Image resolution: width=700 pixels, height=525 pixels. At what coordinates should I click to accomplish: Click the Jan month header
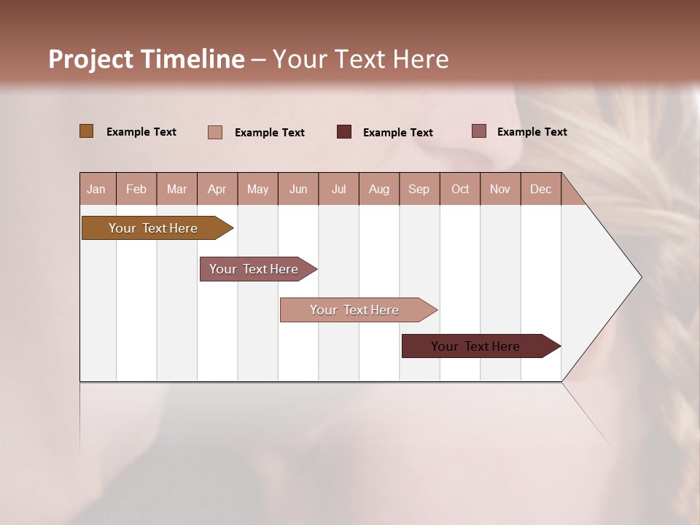click(97, 189)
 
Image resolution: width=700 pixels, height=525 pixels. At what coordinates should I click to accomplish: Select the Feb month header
click(136, 189)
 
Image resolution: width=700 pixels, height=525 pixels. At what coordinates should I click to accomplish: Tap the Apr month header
click(217, 189)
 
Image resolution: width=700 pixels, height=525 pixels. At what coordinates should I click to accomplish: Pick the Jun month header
click(298, 189)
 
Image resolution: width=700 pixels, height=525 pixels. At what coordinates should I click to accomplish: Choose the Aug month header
click(379, 189)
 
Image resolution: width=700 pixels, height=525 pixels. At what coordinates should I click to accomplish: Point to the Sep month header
click(419, 189)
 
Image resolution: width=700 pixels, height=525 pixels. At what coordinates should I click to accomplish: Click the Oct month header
click(460, 189)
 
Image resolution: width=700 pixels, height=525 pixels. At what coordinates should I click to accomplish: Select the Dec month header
click(541, 189)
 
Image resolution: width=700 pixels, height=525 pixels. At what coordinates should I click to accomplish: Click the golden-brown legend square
click(87, 131)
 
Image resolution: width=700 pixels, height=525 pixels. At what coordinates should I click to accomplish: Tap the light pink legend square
click(215, 132)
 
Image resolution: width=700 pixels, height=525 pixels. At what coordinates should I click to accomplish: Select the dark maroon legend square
click(344, 131)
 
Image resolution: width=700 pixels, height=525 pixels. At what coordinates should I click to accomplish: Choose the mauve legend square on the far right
click(479, 131)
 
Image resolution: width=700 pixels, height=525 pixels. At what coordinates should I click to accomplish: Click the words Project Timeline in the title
click(147, 59)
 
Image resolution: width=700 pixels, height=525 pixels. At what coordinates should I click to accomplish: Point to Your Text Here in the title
click(361, 59)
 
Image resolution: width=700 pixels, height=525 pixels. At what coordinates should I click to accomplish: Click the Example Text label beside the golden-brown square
click(141, 132)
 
